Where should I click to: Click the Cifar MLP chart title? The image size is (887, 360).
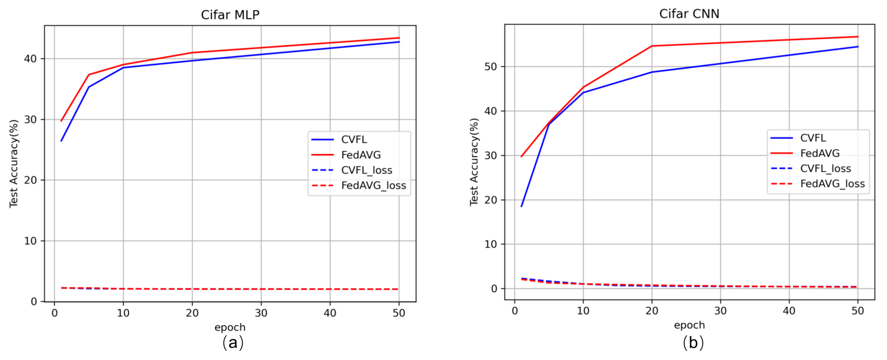(230, 15)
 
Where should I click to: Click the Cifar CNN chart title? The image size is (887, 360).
(689, 14)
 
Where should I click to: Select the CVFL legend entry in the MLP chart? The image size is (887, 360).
(354, 139)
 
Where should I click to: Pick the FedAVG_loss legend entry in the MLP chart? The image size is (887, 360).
(373, 185)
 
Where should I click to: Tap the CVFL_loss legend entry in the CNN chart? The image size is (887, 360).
(825, 168)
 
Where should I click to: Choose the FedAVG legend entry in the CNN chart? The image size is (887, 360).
(820, 153)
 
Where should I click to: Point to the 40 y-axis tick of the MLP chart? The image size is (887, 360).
(30, 59)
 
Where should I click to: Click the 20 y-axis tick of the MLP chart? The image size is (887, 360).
(30, 180)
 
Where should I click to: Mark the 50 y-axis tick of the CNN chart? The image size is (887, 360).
(490, 67)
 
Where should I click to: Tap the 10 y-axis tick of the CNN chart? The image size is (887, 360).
(490, 244)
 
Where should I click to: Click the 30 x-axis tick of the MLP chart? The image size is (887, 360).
(261, 313)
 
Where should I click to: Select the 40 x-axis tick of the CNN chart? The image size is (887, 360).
(789, 311)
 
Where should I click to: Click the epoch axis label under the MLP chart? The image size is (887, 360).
(230, 327)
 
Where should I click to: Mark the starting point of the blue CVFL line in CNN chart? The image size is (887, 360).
(521, 207)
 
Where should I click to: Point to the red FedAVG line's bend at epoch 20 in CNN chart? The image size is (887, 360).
(652, 46)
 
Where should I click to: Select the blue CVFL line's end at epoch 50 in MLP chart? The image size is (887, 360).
(399, 42)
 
